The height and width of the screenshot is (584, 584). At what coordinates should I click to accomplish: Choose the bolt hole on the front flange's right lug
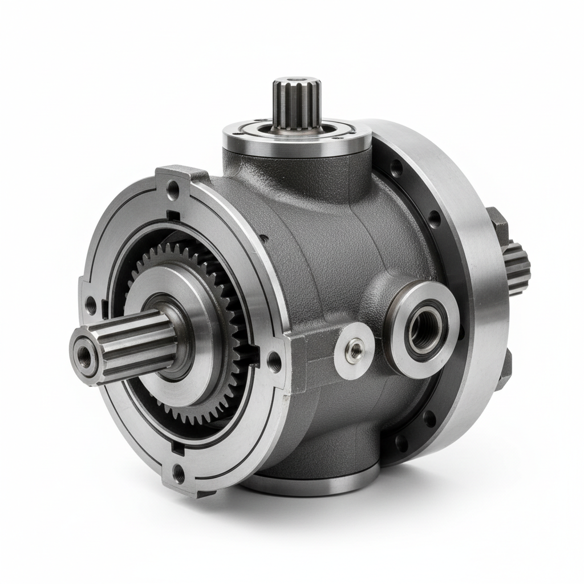(274, 360)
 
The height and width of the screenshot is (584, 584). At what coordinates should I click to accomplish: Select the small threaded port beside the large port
(355, 350)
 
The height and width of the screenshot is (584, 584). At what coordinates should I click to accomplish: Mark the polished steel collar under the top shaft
(297, 135)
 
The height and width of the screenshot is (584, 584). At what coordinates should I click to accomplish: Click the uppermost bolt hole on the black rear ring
(395, 167)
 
